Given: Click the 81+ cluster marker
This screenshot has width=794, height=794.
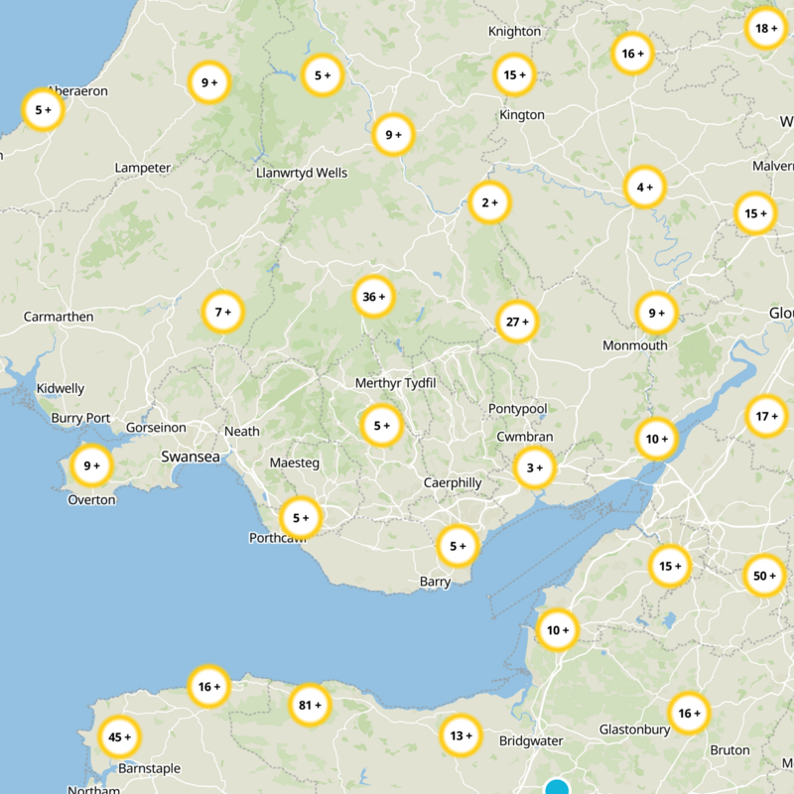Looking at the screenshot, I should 310,707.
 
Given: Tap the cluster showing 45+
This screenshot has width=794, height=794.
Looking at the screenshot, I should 120,737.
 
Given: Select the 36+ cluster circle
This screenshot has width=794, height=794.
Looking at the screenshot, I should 374,297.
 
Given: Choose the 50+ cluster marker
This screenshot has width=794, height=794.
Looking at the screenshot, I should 763,576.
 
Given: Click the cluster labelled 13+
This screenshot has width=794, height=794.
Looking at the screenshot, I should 461,735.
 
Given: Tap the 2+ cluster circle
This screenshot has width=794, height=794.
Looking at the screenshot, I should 489,202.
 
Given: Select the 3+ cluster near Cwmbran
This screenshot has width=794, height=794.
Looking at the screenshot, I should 534,468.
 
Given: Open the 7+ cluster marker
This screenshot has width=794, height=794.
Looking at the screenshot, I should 222,312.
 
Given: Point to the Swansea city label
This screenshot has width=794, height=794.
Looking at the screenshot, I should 191,458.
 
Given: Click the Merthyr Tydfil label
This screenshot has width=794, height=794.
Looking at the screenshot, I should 396,383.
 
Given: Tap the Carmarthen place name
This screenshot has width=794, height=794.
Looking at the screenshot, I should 59,318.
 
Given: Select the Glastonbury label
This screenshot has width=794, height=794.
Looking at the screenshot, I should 635,729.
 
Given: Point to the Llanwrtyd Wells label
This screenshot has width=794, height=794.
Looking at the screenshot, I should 302,173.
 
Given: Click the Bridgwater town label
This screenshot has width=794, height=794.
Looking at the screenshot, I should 531,741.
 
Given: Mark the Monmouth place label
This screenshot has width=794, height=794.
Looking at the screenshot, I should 635,345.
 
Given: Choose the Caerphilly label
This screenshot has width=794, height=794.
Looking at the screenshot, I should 453,483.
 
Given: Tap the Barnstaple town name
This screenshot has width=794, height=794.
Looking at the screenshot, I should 149,768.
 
